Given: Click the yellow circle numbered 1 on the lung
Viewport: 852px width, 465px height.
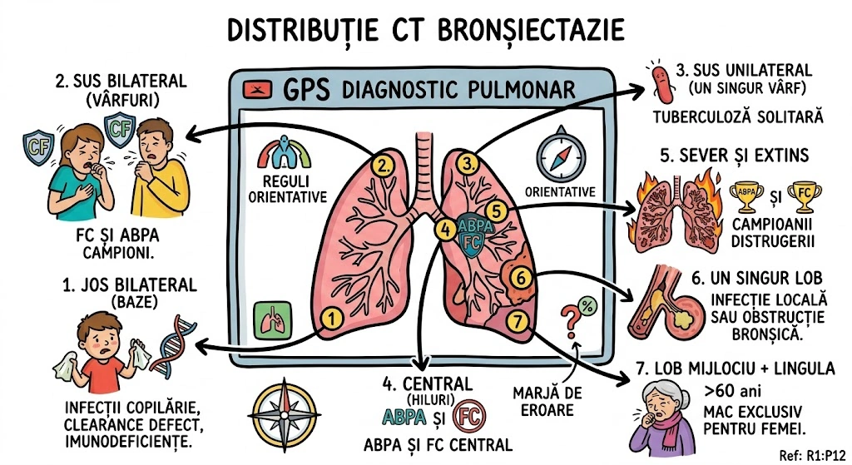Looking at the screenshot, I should pos(331,317).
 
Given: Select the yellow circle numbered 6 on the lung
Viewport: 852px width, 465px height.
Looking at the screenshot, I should pos(518,278).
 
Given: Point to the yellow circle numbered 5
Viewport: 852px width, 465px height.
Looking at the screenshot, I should pos(494,211).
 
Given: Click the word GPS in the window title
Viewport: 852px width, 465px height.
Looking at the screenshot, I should pos(306,89).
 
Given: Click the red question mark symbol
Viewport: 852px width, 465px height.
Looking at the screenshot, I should pos(571,318).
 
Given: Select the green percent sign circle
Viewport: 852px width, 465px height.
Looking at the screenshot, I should pos(587,304).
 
